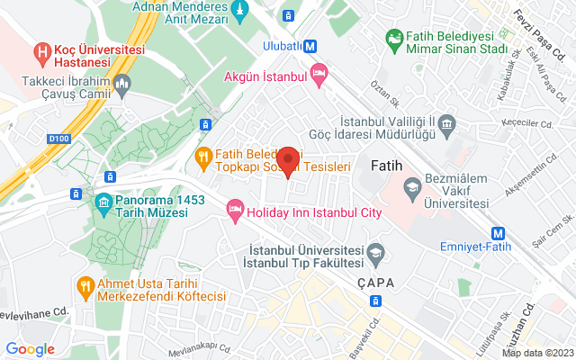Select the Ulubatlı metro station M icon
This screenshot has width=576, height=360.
coord(310,46)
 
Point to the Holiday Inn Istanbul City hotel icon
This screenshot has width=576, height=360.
coord(235,209)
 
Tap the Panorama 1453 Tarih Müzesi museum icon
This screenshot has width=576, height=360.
coord(101,199)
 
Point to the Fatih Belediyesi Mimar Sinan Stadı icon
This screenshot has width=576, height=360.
coord(393,38)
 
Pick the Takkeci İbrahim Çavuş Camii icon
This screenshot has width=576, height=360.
coord(123,85)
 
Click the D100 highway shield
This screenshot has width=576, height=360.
coord(58,139)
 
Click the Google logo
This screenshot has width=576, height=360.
coord(30,349)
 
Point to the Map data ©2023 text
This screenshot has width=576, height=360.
coord(536,353)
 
